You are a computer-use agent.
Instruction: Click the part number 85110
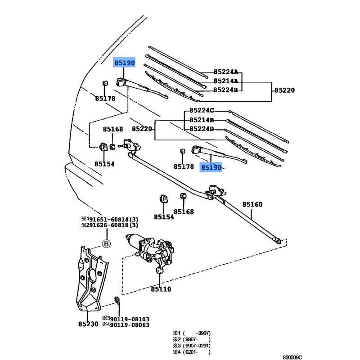click(x=161, y=289)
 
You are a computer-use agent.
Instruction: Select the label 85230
click(x=88, y=324)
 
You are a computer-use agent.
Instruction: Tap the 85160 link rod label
click(x=252, y=204)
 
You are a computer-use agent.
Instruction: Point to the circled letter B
click(x=106, y=243)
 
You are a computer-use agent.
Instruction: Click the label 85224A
click(x=226, y=72)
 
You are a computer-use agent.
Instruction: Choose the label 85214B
click(x=202, y=120)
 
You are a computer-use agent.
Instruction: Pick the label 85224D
click(x=202, y=129)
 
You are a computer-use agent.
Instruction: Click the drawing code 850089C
click(x=292, y=357)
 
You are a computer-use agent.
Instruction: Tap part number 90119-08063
click(x=130, y=325)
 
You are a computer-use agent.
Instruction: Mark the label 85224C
click(x=202, y=110)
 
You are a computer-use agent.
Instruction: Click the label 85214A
click(x=226, y=81)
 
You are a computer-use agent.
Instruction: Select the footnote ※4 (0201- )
click(x=192, y=352)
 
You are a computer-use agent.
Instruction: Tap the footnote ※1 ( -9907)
click(x=192, y=333)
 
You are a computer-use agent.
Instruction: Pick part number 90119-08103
click(x=130, y=319)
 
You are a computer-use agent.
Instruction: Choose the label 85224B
click(x=225, y=90)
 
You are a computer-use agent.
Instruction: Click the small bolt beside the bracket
click(x=117, y=300)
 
